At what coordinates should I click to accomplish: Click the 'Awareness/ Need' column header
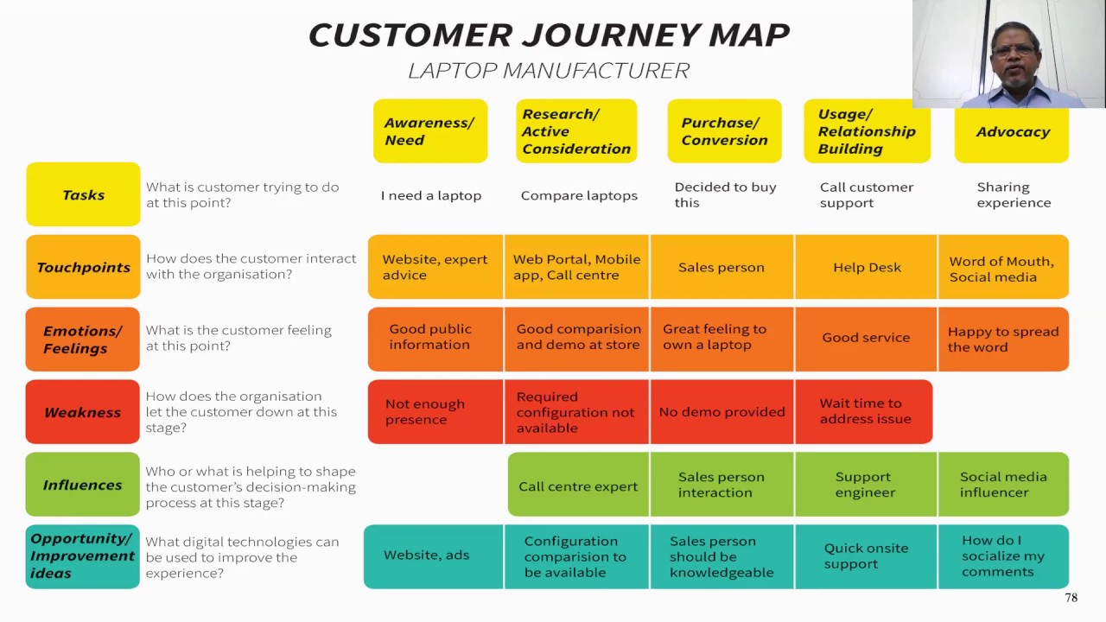(429, 131)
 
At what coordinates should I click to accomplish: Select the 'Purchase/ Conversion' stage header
(724, 131)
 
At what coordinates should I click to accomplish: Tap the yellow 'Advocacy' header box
(1012, 132)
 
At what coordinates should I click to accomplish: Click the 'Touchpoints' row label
(83, 267)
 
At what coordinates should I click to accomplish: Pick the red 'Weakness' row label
(83, 412)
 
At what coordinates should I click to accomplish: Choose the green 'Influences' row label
(83, 485)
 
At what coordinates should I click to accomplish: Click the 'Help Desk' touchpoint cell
(867, 268)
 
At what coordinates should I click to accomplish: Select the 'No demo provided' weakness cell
(721, 412)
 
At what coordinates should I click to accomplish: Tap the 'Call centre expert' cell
(578, 486)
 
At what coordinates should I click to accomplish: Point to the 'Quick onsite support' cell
(866, 556)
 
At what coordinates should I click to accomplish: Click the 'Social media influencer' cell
(1003, 485)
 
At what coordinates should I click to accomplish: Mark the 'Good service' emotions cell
(866, 338)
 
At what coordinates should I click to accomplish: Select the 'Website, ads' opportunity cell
(427, 555)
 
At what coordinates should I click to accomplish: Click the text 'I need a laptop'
(431, 196)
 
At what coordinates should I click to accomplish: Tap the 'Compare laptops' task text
(579, 196)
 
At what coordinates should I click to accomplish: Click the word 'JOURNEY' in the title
(614, 35)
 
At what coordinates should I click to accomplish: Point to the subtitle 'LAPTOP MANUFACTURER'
(549, 71)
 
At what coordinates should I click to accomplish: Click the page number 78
(1071, 598)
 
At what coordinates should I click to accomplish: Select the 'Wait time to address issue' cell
(865, 411)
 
